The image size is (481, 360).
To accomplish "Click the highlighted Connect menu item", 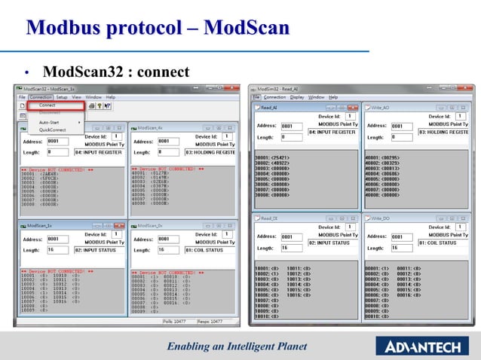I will (47, 105).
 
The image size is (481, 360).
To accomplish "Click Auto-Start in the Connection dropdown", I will (50, 122).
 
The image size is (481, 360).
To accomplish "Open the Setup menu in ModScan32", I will (62, 97).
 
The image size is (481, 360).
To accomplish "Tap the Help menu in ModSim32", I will (333, 97).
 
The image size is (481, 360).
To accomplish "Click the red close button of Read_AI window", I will (354, 108).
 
